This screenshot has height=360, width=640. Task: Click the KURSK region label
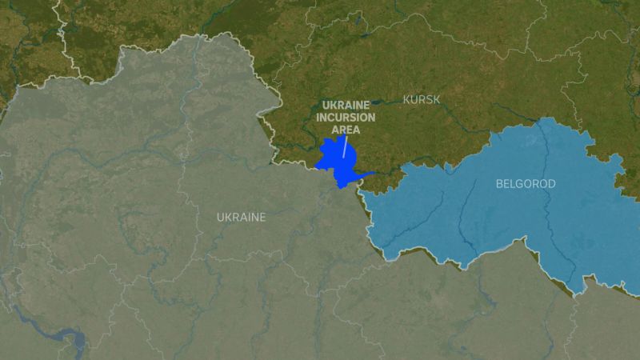pos(422,99)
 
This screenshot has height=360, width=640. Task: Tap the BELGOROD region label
pos(526,184)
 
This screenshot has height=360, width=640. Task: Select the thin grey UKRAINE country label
pos(241,217)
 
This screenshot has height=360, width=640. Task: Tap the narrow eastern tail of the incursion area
pos(366,174)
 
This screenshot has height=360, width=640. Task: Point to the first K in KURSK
pos(406,99)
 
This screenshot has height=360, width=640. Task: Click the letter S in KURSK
pos(430,99)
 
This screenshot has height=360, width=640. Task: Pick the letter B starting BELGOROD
pos(499,184)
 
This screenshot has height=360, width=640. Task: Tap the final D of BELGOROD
pos(552,184)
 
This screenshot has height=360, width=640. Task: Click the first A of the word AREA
pos(334,130)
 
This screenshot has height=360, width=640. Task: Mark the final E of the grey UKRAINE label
pos(262,217)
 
